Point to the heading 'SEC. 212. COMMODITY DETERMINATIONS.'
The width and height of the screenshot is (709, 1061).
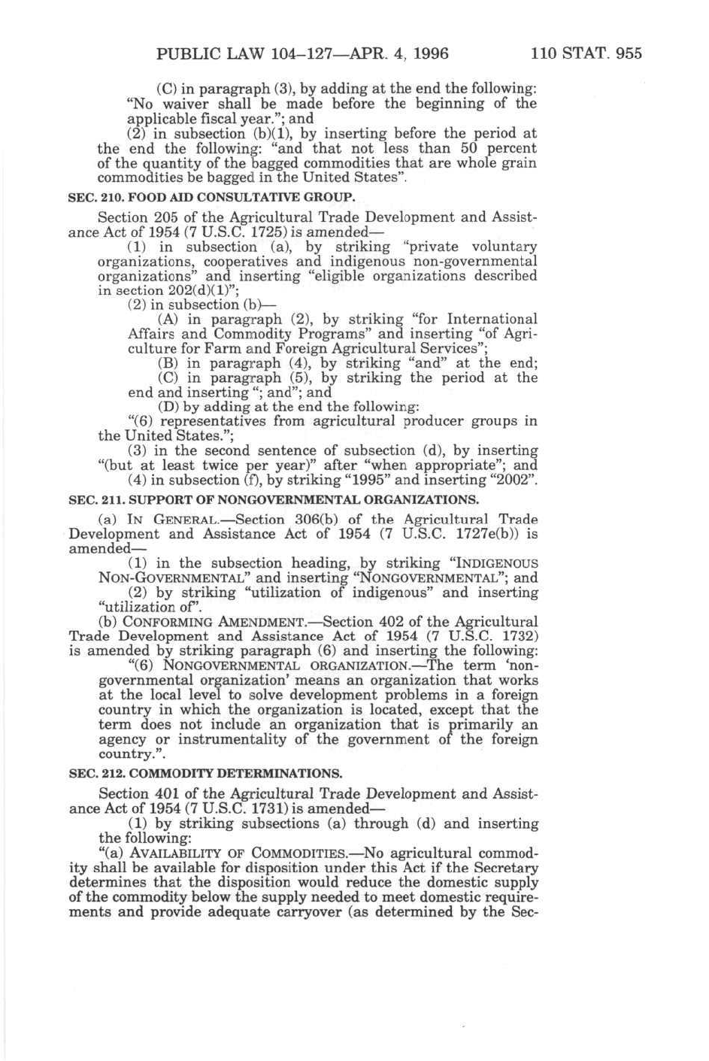point(205,773)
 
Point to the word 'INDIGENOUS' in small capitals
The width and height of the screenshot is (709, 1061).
point(499,564)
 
